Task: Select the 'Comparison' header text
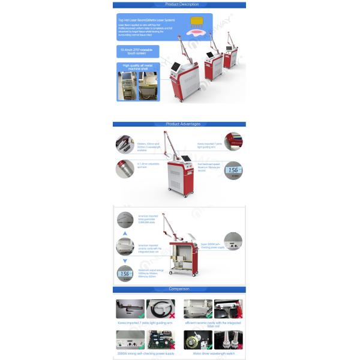[x=178, y=289]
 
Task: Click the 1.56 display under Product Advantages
[x=232, y=171]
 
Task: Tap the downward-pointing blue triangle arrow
[x=125, y=260]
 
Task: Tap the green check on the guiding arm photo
[x=140, y=314]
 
